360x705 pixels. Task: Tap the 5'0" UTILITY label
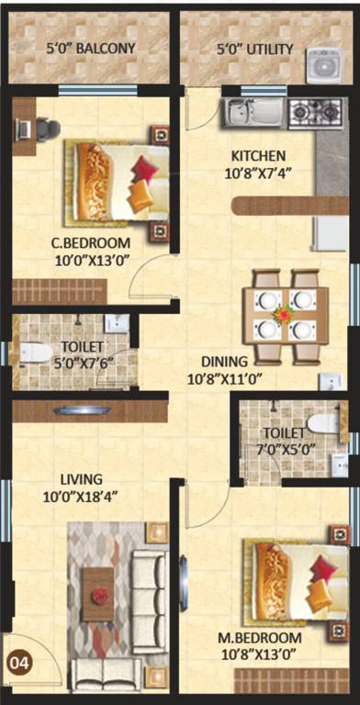point(254,49)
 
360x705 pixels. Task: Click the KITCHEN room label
point(257,155)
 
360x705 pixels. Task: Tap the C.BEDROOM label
point(90,243)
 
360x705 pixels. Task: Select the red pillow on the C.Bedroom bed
point(144,169)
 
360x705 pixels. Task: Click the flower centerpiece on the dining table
point(284,315)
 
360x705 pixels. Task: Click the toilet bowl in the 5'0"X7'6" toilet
point(35,352)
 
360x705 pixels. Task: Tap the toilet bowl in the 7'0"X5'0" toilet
point(323,423)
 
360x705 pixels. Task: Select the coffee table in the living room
point(98,594)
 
